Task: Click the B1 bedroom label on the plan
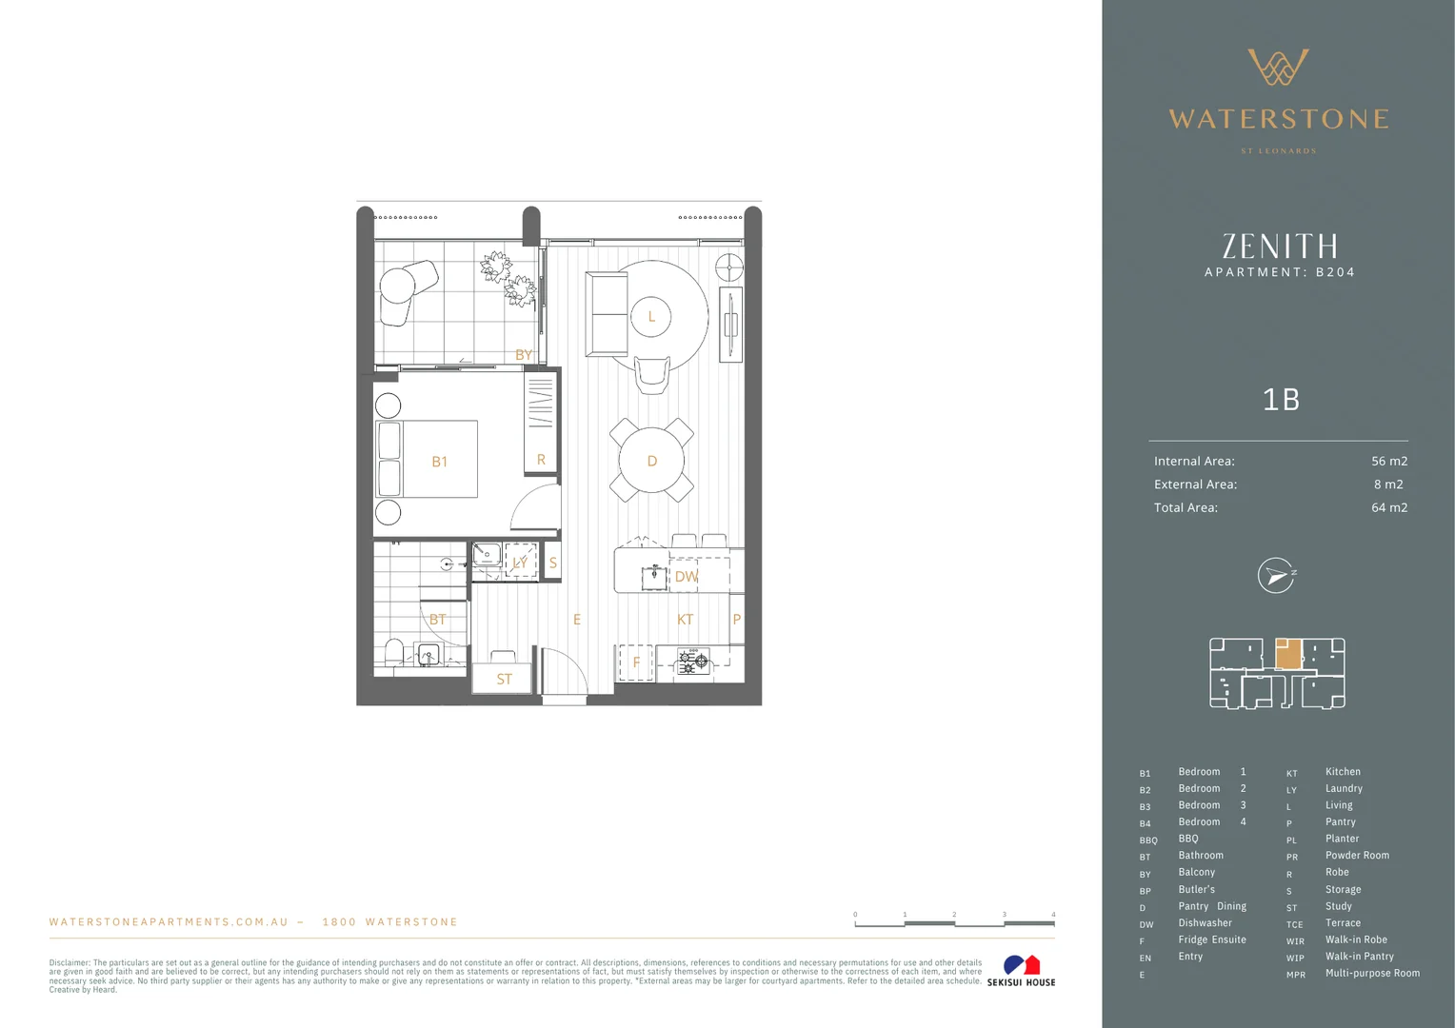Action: [439, 462]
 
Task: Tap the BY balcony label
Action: [524, 355]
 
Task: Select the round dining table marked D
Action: [652, 461]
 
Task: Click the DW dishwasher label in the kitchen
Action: [687, 577]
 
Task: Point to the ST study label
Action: [504, 680]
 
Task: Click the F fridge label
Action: [636, 662]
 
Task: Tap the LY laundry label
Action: [520, 563]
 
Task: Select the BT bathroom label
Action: [437, 620]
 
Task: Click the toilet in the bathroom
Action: [394, 652]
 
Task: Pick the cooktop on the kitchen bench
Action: [693, 661]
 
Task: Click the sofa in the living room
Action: [607, 313]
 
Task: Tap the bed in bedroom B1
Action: [428, 459]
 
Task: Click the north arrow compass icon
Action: [1276, 576]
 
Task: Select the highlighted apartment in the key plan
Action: [1287, 654]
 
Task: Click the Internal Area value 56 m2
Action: [1388, 462]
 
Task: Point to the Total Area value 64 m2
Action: [1388, 508]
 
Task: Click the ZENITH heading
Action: [1280, 247]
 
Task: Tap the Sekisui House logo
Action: [1021, 971]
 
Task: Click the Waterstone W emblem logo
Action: [1278, 68]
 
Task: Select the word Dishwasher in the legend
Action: [1205, 923]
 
